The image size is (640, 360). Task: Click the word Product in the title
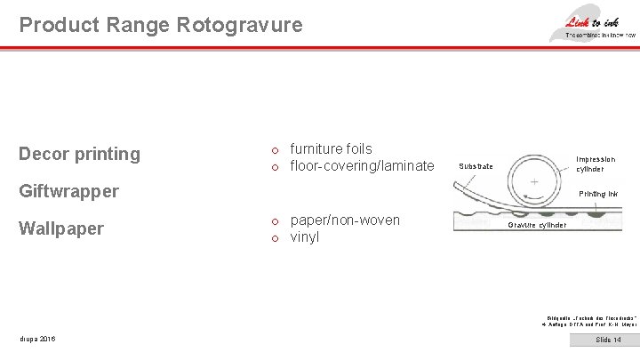52,25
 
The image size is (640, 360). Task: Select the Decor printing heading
80,154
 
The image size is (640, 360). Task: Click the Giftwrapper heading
69,191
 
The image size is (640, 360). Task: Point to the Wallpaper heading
61,228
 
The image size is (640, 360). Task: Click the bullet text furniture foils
332,148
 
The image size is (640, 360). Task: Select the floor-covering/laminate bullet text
363,166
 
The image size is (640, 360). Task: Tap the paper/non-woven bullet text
345,220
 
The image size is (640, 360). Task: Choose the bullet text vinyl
305,237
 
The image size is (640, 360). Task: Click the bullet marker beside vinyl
276,238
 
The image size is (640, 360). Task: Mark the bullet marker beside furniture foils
276,149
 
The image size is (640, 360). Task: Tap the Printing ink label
597,194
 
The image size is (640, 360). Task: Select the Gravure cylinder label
537,225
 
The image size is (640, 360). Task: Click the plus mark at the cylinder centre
534,180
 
